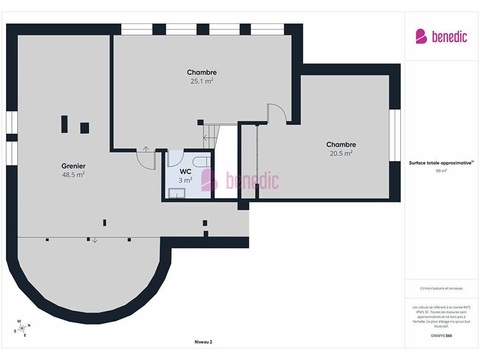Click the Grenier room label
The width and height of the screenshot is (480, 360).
73,166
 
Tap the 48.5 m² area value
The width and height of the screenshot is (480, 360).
73,174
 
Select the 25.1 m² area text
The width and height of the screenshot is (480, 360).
202,81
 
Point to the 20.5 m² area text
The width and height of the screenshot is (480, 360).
341,153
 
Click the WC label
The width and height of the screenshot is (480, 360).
186,172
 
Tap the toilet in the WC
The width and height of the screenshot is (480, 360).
202,162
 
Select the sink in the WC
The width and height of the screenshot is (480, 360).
177,193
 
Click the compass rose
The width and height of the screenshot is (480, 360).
22,329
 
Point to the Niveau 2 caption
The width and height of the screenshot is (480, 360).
203,342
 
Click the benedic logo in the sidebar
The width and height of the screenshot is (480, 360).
441,37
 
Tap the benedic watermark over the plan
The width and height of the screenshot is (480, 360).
240,180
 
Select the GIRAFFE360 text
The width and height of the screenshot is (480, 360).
441,336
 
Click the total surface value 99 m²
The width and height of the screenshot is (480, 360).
441,171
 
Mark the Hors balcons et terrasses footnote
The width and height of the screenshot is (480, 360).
441,288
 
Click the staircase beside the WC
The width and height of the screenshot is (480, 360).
211,136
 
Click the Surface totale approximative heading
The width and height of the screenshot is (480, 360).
441,163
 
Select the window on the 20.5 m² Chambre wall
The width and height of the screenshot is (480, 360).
395,135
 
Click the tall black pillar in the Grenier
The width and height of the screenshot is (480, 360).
64,124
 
